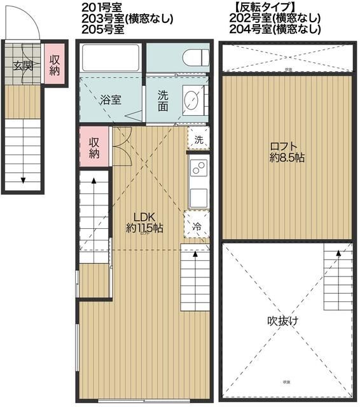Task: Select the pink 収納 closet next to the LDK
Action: pos(94,148)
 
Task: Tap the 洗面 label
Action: pos(163,100)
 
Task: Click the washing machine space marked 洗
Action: pos(198,139)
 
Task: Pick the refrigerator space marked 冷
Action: pos(197,225)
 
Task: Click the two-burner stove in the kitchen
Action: pos(198,170)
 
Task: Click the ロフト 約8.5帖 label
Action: pos(286,152)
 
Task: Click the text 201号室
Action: pos(100,8)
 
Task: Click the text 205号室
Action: pos(100,29)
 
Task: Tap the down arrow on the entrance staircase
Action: pos(24,179)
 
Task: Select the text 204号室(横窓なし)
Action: pos(275,29)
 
